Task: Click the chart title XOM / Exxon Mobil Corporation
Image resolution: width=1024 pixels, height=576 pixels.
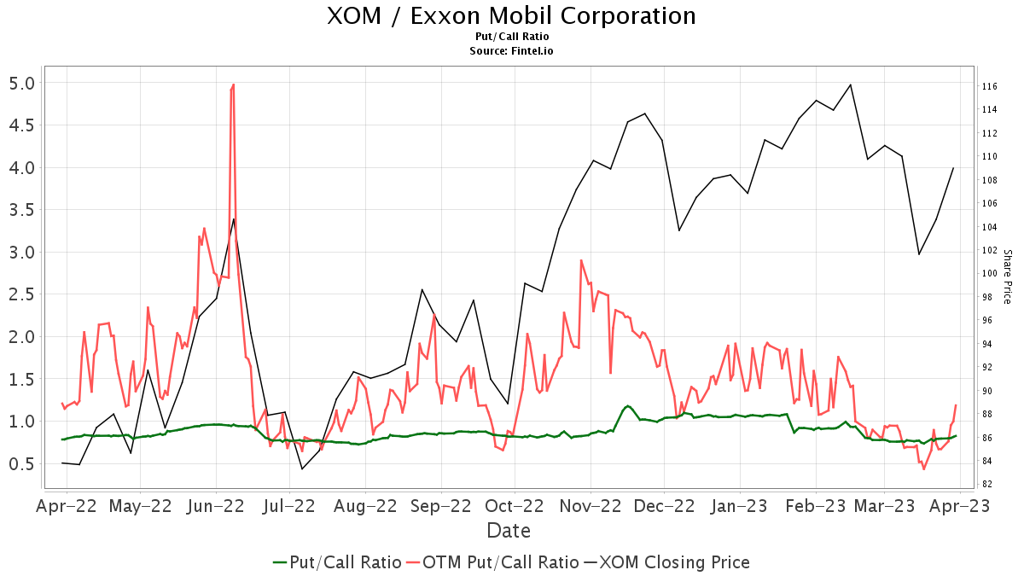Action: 511,16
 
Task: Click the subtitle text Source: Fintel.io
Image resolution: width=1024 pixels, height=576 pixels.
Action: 511,51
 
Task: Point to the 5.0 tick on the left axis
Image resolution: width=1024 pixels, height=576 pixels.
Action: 20,84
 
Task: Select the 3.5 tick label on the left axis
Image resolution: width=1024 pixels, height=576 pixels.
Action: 20,210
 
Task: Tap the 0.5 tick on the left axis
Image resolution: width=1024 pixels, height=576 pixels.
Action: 20,463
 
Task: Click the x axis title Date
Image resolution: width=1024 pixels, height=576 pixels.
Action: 509,531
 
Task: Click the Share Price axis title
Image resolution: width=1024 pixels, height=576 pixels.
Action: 1007,276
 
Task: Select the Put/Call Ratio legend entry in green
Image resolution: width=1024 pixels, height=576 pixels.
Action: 337,562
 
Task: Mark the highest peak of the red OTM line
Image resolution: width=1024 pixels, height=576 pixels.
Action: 233,84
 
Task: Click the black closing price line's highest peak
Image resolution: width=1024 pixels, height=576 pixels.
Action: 850,84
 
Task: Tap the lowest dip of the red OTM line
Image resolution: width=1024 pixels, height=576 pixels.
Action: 923,468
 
